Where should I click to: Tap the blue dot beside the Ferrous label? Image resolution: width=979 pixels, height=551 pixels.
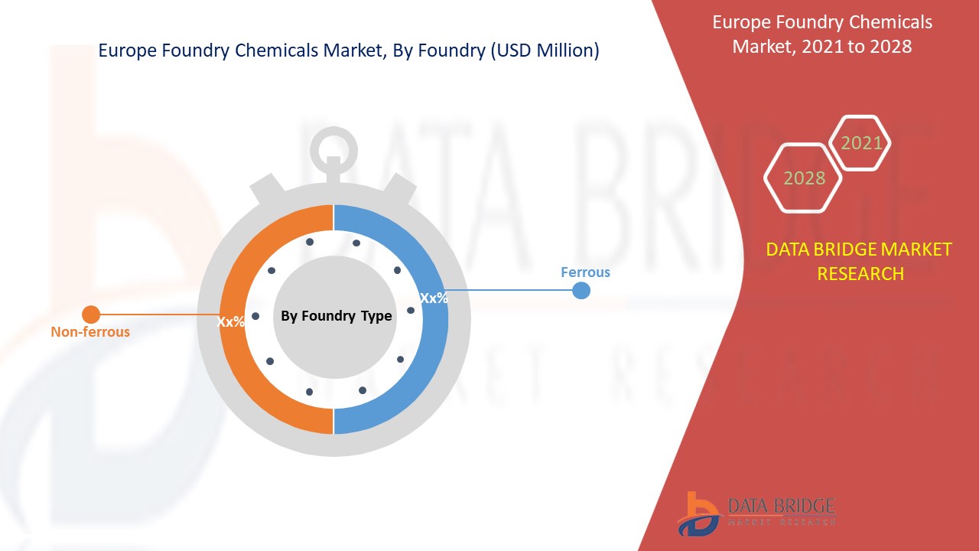coord(581,291)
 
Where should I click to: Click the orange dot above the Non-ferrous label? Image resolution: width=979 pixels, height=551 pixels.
coord(91,314)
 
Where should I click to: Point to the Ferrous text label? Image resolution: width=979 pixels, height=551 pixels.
coord(585,272)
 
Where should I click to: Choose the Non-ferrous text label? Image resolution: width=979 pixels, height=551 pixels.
coord(90,332)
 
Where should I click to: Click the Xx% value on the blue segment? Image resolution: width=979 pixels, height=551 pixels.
coord(434,298)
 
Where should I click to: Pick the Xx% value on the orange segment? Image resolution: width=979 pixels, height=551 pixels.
coord(231,322)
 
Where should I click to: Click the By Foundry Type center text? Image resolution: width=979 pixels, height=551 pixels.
coord(336,316)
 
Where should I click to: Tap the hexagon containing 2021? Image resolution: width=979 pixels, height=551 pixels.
coord(861,143)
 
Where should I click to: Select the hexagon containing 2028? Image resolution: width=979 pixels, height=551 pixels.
coord(804,178)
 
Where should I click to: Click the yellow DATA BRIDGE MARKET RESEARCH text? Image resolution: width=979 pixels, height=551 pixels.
coord(860,261)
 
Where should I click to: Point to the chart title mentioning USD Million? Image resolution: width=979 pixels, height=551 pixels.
coord(349,51)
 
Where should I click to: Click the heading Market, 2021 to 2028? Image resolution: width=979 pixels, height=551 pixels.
coord(821,46)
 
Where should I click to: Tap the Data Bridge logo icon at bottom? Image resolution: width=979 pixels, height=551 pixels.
coord(698,513)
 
